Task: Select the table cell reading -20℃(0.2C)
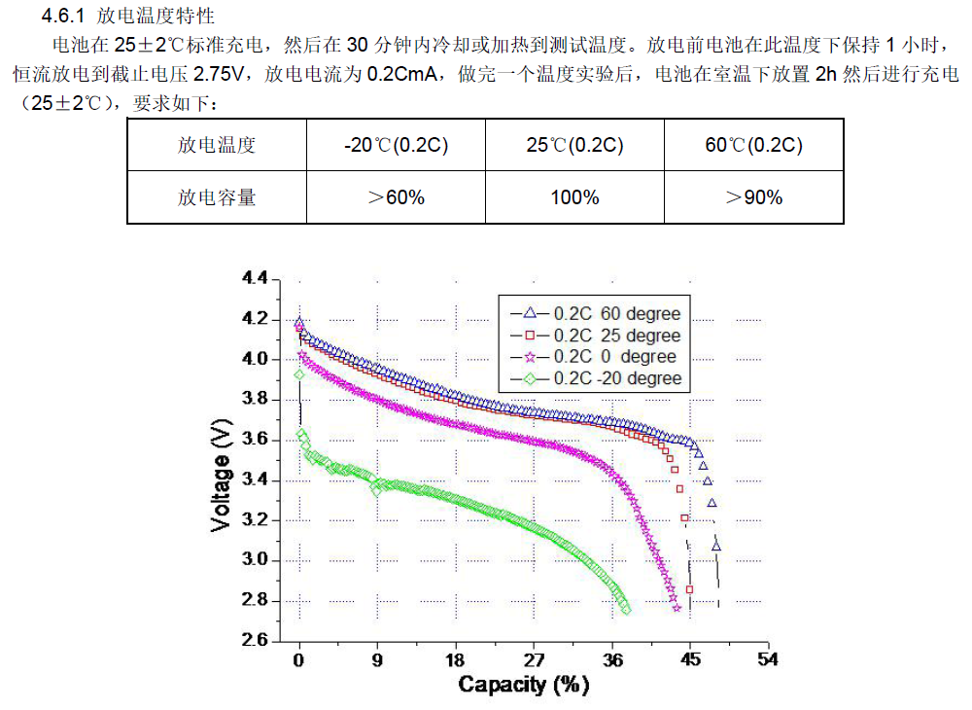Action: pos(396,146)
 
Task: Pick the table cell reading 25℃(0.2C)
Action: pos(574,146)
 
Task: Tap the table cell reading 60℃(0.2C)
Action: pos(753,146)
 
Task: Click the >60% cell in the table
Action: pos(396,197)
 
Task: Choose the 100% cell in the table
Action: pos(574,197)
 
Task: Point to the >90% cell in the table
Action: pos(753,197)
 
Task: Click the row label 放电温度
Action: pos(217,146)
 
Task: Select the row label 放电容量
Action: pos(217,197)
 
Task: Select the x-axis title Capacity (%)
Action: pos(524,685)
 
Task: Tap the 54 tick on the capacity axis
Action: pos(768,659)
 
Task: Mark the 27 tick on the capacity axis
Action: pos(534,659)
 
